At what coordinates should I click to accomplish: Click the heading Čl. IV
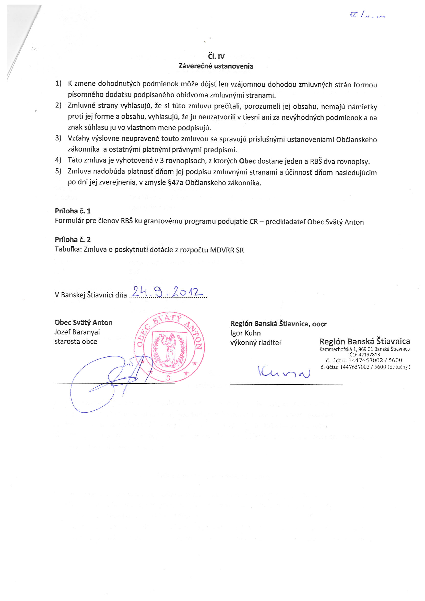(x=216, y=56)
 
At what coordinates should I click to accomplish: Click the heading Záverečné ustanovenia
(x=216, y=66)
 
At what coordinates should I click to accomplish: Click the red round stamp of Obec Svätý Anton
(x=169, y=347)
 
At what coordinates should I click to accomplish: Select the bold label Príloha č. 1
(x=73, y=211)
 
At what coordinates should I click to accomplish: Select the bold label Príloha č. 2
(x=73, y=239)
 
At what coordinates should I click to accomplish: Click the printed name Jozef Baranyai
(x=77, y=332)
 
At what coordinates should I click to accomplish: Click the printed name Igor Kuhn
(x=245, y=333)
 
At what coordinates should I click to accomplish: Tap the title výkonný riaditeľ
(x=256, y=343)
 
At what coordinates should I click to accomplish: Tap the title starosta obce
(x=76, y=342)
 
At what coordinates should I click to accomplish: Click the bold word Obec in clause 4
(x=247, y=161)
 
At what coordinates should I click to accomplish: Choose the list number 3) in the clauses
(x=58, y=138)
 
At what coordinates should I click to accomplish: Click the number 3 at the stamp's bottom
(x=168, y=378)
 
